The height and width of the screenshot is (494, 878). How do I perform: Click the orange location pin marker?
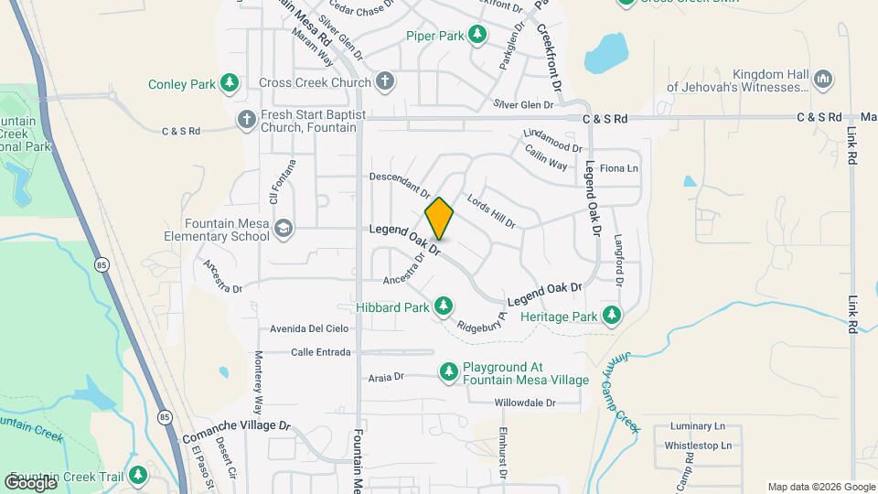point(439,219)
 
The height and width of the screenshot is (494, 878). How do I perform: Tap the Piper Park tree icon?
point(476,35)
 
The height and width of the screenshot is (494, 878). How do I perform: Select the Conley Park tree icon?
point(230,84)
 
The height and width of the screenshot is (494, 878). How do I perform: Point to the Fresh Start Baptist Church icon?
point(246,119)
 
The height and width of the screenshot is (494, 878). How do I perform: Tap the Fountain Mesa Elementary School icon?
point(284,228)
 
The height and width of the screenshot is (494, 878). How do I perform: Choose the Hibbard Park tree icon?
point(444,306)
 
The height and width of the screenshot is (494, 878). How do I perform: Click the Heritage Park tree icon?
point(612,316)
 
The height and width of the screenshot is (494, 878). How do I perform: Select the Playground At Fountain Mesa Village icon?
point(448,371)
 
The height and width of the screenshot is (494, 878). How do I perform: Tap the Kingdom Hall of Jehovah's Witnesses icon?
point(822,80)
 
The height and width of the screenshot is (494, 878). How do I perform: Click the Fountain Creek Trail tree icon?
point(137,476)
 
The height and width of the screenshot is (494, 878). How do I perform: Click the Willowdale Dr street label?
point(525,403)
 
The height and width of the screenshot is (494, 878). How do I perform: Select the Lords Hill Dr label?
point(491,211)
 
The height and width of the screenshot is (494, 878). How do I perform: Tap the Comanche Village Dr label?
point(237,426)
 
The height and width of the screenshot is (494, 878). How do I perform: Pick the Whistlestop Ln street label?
point(698,446)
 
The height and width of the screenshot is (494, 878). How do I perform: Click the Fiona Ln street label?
point(618,168)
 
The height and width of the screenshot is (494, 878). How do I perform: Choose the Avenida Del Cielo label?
point(309,328)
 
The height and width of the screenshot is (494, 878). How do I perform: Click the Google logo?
point(30,483)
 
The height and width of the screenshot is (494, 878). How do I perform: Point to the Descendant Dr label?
point(400,183)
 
